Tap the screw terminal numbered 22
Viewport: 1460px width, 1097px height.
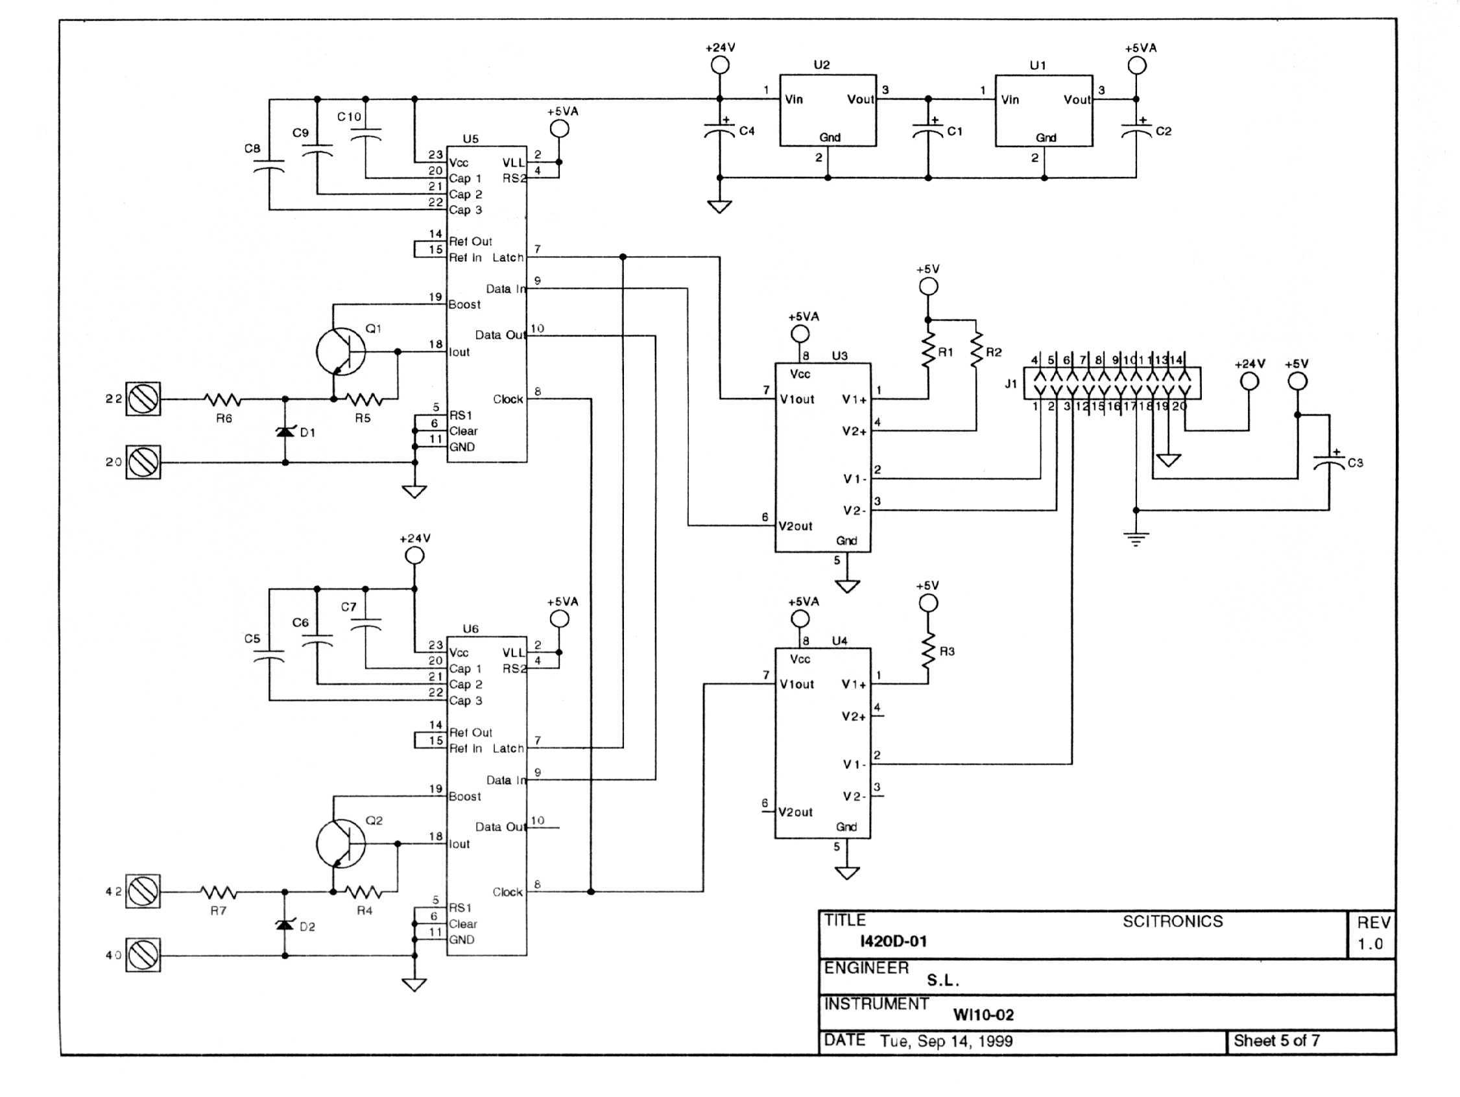click(x=143, y=399)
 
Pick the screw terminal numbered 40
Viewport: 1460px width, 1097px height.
click(x=143, y=954)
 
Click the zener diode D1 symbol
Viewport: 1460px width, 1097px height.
click(x=285, y=431)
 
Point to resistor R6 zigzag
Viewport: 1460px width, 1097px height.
click(x=222, y=399)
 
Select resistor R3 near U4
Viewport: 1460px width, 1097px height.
click(x=928, y=651)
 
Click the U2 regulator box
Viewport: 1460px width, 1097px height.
click(x=828, y=110)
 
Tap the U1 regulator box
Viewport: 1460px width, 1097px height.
click(x=1044, y=110)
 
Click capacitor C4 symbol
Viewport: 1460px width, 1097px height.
click(x=719, y=130)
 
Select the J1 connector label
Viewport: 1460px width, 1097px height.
click(x=1011, y=384)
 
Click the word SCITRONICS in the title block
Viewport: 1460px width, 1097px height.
click(x=1172, y=921)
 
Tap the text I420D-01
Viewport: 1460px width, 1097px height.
click(x=893, y=941)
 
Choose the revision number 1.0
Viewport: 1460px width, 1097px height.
click(x=1370, y=944)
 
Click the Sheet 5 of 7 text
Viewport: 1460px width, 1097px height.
click(x=1276, y=1041)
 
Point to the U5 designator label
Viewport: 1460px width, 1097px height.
click(x=470, y=139)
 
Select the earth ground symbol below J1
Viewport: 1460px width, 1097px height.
click(x=1135, y=539)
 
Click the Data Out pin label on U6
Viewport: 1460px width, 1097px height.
click(x=499, y=827)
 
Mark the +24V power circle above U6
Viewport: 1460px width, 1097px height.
click(x=414, y=556)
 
